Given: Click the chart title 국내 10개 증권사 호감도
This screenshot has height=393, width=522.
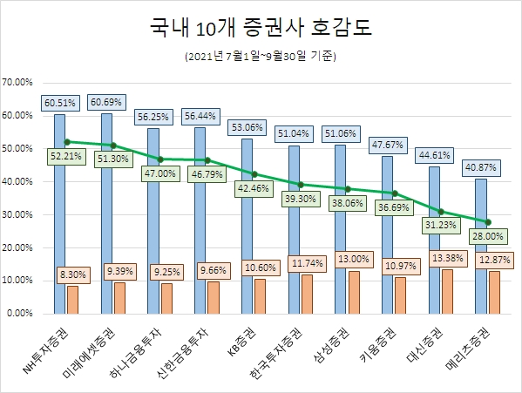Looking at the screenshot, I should [261, 27].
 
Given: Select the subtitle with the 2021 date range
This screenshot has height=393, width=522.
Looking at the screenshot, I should [261, 57].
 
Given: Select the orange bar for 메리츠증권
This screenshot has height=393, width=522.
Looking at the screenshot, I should [493, 293].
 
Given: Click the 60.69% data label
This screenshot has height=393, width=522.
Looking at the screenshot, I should [105, 103].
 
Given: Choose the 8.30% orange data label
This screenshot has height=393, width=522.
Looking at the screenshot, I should [73, 274].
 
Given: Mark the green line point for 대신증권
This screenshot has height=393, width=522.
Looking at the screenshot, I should [441, 212].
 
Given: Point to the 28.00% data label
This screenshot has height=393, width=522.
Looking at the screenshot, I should [481, 236].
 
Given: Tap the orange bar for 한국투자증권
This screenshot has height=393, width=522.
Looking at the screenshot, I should [306, 295].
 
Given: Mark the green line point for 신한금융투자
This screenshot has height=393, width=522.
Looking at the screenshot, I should [207, 159].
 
